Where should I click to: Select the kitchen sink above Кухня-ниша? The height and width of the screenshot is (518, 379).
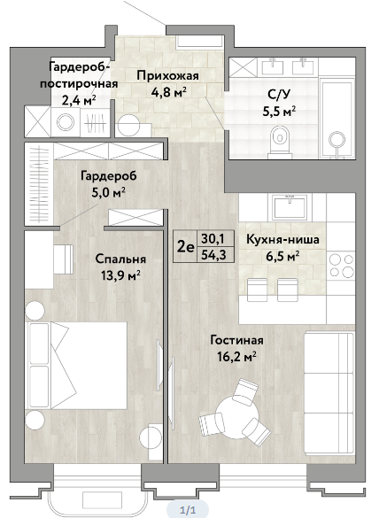pos(290,207)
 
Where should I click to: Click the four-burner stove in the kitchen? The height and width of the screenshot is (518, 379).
pos(341,265)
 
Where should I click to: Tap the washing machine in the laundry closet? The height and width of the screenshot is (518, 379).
pos(66,121)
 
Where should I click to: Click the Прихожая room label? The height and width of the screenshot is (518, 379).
pos(168,75)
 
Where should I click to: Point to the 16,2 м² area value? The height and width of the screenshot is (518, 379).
pos(237,357)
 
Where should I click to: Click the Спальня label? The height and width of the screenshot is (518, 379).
pos(120,259)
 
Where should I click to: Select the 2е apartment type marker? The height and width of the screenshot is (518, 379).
pos(186,246)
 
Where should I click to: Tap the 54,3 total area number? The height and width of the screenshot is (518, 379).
pos(216,255)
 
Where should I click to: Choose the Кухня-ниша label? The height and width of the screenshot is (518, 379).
pos(282,239)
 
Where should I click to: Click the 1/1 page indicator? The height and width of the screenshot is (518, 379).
pos(188,510)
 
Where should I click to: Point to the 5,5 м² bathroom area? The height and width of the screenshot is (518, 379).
pos(279,112)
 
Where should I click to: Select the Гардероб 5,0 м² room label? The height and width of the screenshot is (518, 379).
pos(108,183)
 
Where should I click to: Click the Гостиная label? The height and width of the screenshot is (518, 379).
pos(237,340)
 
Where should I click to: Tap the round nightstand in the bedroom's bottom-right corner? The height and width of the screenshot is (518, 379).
pos(151,437)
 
